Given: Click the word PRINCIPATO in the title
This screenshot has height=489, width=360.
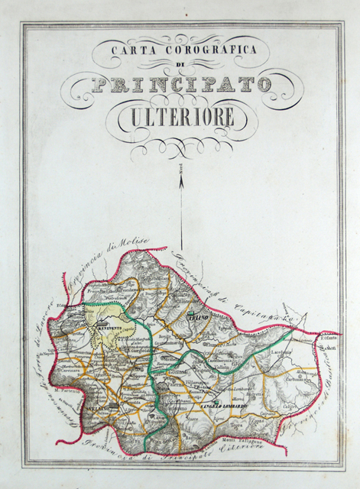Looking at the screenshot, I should coord(181,84).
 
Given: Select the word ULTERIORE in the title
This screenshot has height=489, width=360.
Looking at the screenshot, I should coord(181,118).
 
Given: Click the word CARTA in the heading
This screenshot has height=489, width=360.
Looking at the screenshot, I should coord(125,51).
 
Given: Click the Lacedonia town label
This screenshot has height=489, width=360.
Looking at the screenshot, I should coord(301,352).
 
